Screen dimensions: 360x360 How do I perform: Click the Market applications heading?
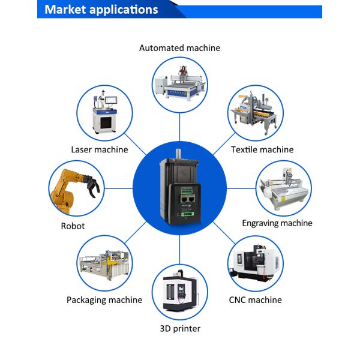(101, 10)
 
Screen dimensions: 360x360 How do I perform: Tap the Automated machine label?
(179, 47)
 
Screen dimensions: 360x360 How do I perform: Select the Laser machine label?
(99, 149)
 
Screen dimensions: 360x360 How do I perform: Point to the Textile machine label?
(262, 149)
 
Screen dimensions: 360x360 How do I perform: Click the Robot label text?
(73, 226)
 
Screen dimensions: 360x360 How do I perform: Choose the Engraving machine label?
(277, 223)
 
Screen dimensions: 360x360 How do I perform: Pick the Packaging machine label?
(104, 299)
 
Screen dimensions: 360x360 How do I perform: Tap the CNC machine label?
(255, 299)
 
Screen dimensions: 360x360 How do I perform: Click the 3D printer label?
(180, 328)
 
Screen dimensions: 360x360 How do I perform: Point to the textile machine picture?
(255, 113)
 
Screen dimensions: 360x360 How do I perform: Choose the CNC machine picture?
(255, 264)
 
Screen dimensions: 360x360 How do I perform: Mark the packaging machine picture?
(104, 264)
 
